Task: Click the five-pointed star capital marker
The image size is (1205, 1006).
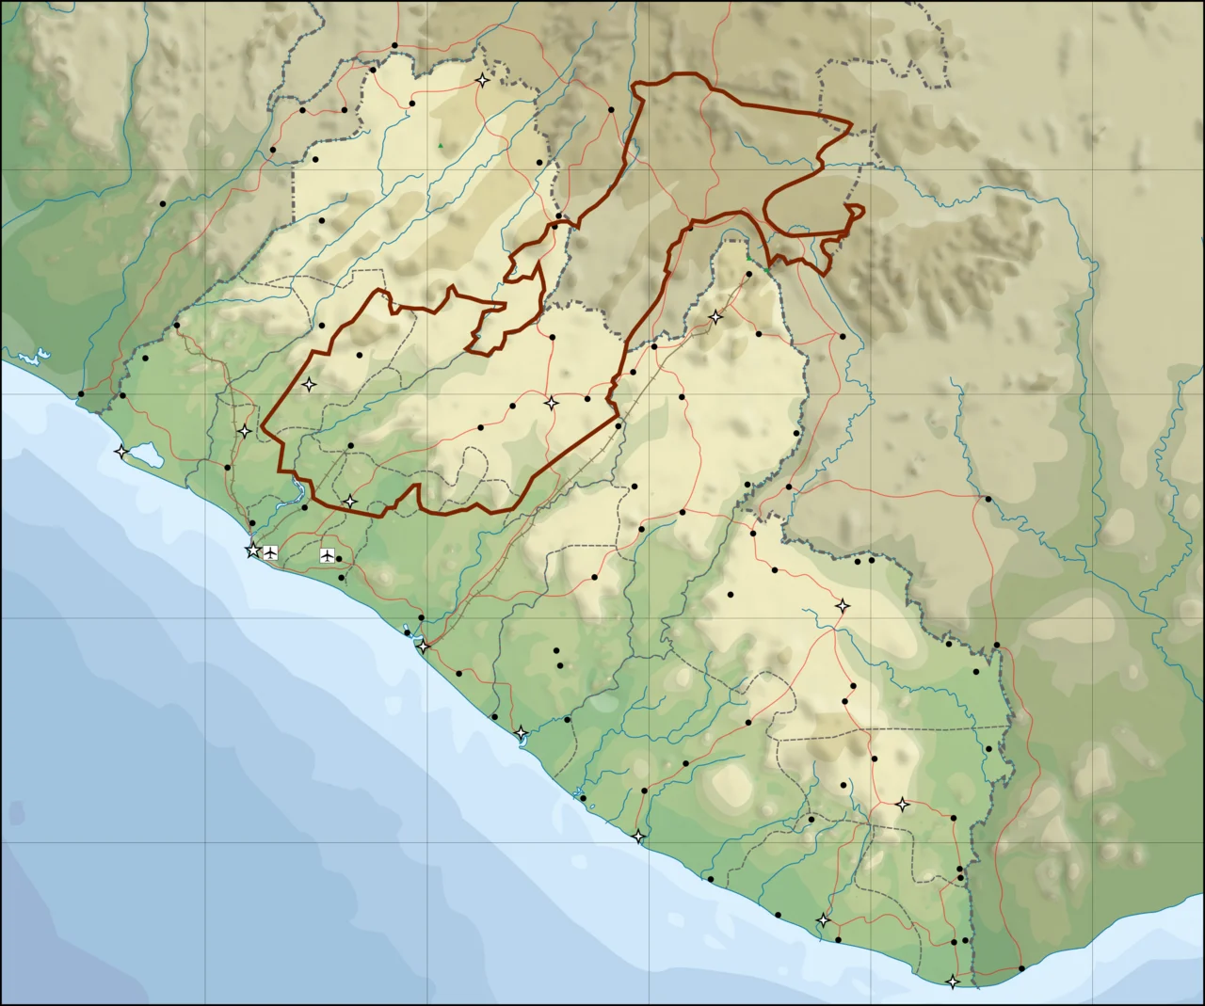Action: [x=252, y=551]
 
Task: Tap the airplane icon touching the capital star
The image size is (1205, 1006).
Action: [x=271, y=551]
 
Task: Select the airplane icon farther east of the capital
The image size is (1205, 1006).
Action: [x=327, y=555]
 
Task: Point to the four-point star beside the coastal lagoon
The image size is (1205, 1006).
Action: [x=121, y=452]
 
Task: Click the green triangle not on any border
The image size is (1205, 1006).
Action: [x=440, y=145]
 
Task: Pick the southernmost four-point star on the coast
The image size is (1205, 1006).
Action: [x=953, y=982]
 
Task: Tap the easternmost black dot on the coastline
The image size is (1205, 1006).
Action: [x=1021, y=968]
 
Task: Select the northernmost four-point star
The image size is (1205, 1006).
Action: [x=482, y=80]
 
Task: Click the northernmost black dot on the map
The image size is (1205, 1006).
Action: [x=394, y=45]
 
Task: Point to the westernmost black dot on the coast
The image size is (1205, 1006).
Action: [x=81, y=393]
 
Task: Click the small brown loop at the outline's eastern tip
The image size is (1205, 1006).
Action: [x=855, y=208]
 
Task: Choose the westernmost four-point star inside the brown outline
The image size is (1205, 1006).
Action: [x=309, y=384]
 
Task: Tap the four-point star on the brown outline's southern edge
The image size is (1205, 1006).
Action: [x=350, y=502]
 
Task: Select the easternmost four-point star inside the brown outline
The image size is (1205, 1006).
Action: [x=552, y=403]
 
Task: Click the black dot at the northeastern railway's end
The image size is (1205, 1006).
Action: [x=749, y=274]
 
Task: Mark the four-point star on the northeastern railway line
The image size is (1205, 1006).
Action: [x=715, y=317]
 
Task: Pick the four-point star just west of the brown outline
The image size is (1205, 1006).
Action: [x=245, y=431]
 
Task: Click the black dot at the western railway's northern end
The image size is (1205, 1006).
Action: [x=177, y=326]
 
